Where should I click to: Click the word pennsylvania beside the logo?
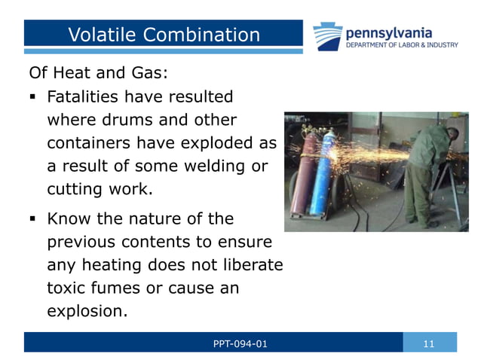[389, 32]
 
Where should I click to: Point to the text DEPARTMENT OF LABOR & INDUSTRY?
[401, 45]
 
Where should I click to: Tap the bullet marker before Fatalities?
[34, 98]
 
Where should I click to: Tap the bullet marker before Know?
[34, 220]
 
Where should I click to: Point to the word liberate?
[247, 264]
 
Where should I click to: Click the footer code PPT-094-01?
[240, 344]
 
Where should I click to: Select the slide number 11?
[429, 344]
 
